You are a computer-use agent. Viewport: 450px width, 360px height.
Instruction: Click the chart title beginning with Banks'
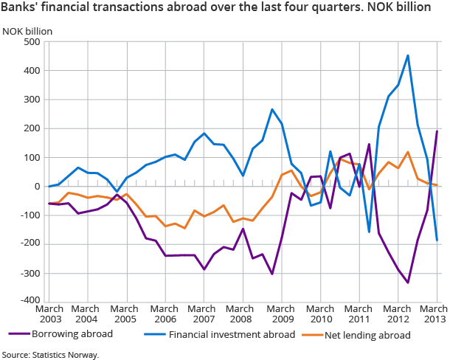(216, 8)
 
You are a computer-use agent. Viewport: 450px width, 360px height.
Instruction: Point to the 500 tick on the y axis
(31, 42)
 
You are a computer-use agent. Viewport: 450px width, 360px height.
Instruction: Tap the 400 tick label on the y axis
(31, 71)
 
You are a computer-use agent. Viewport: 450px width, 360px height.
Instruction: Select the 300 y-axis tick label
(31, 100)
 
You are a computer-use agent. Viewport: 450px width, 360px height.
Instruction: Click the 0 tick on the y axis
(36, 187)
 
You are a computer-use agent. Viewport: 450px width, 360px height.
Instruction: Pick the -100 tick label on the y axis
(29, 215)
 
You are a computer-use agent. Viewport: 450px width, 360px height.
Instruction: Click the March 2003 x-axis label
(49, 314)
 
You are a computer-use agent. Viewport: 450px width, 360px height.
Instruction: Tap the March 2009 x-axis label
(282, 314)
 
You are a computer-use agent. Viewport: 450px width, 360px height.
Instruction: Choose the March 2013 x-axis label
(434, 314)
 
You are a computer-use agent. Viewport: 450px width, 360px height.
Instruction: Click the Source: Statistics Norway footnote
(49, 354)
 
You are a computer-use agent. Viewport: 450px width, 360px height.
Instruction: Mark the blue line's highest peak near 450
(408, 55)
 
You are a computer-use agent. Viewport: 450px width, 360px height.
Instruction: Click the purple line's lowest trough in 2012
(408, 283)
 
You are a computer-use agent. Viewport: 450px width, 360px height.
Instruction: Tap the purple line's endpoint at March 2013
(437, 131)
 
